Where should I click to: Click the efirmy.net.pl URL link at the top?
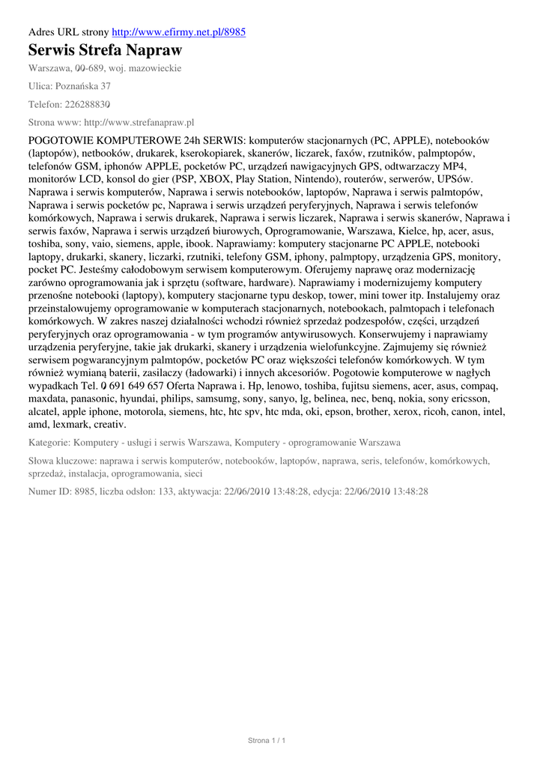pyautogui.click(x=178, y=32)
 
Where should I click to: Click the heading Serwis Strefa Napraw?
pyautogui.click(x=105, y=51)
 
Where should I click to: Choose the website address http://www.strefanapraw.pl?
pyautogui.click(x=138, y=121)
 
